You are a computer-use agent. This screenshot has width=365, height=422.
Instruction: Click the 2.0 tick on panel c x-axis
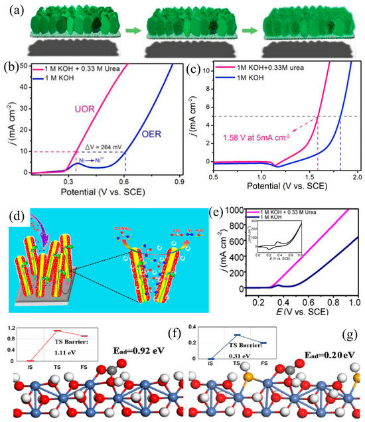click(x=357, y=178)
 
